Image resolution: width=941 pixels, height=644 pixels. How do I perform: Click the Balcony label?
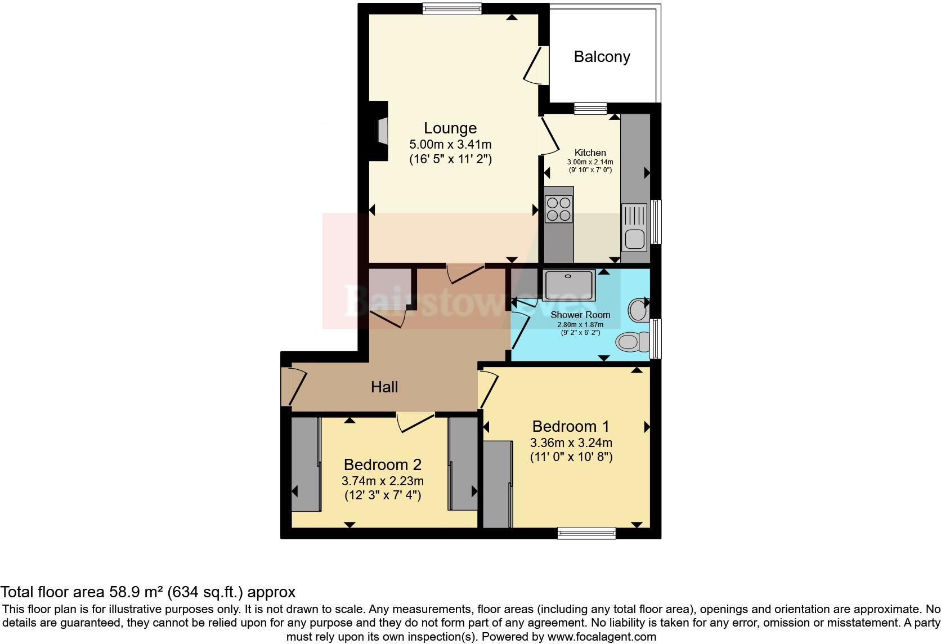(x=602, y=57)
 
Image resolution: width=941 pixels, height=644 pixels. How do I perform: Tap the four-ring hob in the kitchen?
(x=558, y=208)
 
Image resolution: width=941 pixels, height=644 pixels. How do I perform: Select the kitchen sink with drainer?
(x=634, y=227)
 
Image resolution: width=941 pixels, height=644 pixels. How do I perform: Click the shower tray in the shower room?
(x=568, y=284)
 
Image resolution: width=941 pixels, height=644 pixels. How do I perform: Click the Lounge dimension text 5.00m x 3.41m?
(x=450, y=144)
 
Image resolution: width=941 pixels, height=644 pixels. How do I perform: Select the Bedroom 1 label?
(x=571, y=426)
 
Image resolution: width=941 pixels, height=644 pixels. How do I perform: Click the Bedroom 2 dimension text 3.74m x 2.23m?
(x=382, y=481)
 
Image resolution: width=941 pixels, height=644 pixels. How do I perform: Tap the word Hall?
(x=384, y=387)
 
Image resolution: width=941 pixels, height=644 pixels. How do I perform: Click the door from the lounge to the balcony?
(x=535, y=65)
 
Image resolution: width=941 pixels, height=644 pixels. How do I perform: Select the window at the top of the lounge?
(x=452, y=8)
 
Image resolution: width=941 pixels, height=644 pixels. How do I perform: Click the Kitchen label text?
(x=590, y=153)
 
